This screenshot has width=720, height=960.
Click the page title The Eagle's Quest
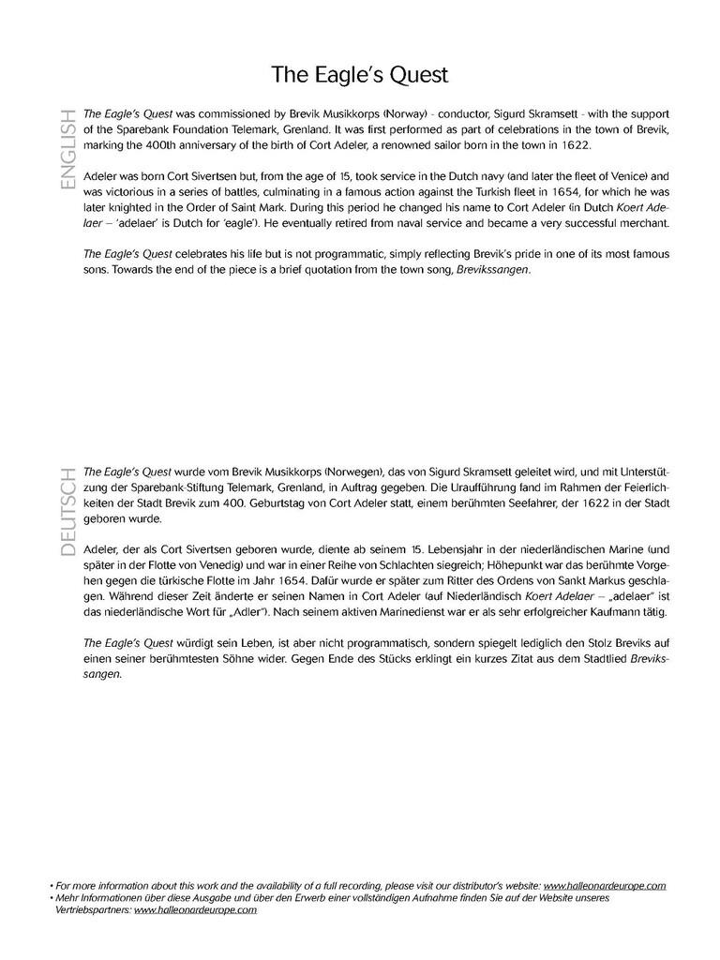click(360, 74)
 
